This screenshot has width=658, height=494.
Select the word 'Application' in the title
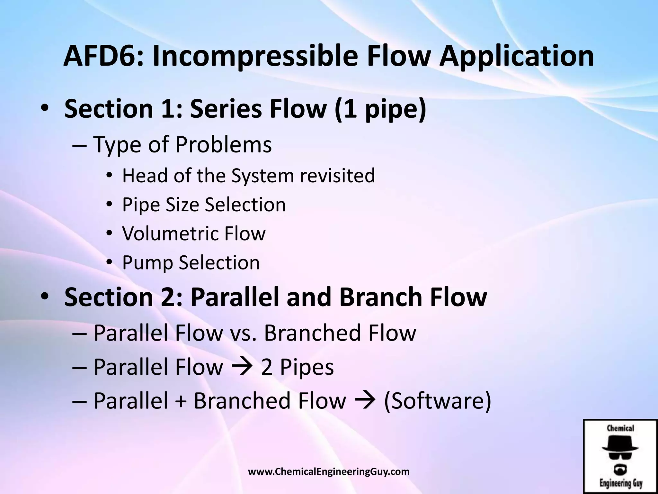(516, 56)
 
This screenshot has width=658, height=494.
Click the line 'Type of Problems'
(182, 144)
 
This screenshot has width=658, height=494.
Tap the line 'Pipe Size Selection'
(204, 205)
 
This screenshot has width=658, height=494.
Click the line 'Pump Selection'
(191, 262)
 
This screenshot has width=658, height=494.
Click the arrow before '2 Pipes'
(242, 367)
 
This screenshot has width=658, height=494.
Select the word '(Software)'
(438, 401)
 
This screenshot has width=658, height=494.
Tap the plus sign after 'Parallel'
(181, 402)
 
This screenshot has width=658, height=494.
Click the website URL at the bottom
(329, 472)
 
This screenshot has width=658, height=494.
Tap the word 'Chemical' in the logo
(620, 428)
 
